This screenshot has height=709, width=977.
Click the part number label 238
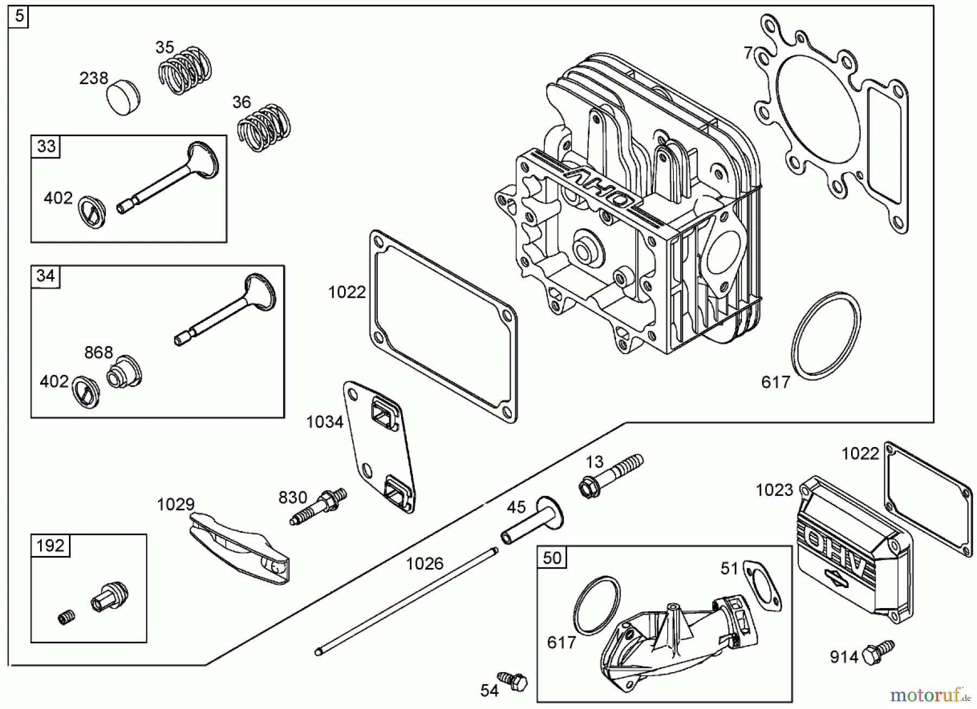93,79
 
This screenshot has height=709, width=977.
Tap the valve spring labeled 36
264,128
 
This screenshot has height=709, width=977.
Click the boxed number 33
46,146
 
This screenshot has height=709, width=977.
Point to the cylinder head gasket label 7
748,53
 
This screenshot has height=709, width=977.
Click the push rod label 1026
424,564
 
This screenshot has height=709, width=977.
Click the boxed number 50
551,558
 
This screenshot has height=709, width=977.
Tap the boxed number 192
50,545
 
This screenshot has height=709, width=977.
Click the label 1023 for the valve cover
775,490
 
